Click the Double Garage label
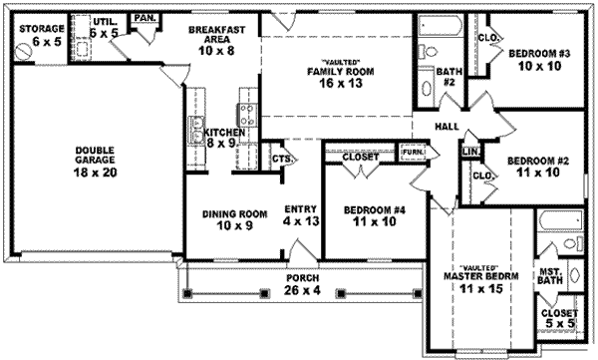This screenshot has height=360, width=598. pyautogui.click(x=95, y=155)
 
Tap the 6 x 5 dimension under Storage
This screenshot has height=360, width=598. pyautogui.click(x=47, y=42)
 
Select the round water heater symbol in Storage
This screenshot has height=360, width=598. pyautogui.click(x=23, y=51)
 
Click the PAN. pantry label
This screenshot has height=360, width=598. pyautogui.click(x=145, y=18)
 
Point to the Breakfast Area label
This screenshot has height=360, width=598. pyautogui.click(x=216, y=34)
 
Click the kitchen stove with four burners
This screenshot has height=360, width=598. pyautogui.click(x=247, y=115)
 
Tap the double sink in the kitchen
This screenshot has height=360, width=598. pyautogui.click(x=196, y=129)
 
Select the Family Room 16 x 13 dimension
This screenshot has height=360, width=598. pyautogui.click(x=341, y=83)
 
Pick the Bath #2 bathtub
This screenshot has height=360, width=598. pyautogui.click(x=441, y=25)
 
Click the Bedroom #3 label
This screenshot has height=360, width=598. pyautogui.click(x=539, y=54)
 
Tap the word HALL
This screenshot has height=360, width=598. pyautogui.click(x=447, y=127)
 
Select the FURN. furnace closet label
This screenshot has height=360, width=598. pyautogui.click(x=413, y=152)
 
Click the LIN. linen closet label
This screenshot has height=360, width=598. pyautogui.click(x=470, y=152)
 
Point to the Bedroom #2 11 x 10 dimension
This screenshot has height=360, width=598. pyautogui.click(x=538, y=173)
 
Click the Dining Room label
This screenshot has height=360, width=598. pyautogui.click(x=234, y=214)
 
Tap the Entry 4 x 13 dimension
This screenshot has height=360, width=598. pyautogui.click(x=301, y=221)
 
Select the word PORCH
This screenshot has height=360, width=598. pyautogui.click(x=302, y=278)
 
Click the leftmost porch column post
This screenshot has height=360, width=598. pyautogui.click(x=187, y=293)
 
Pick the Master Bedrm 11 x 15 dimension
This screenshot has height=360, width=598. pyautogui.click(x=481, y=289)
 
